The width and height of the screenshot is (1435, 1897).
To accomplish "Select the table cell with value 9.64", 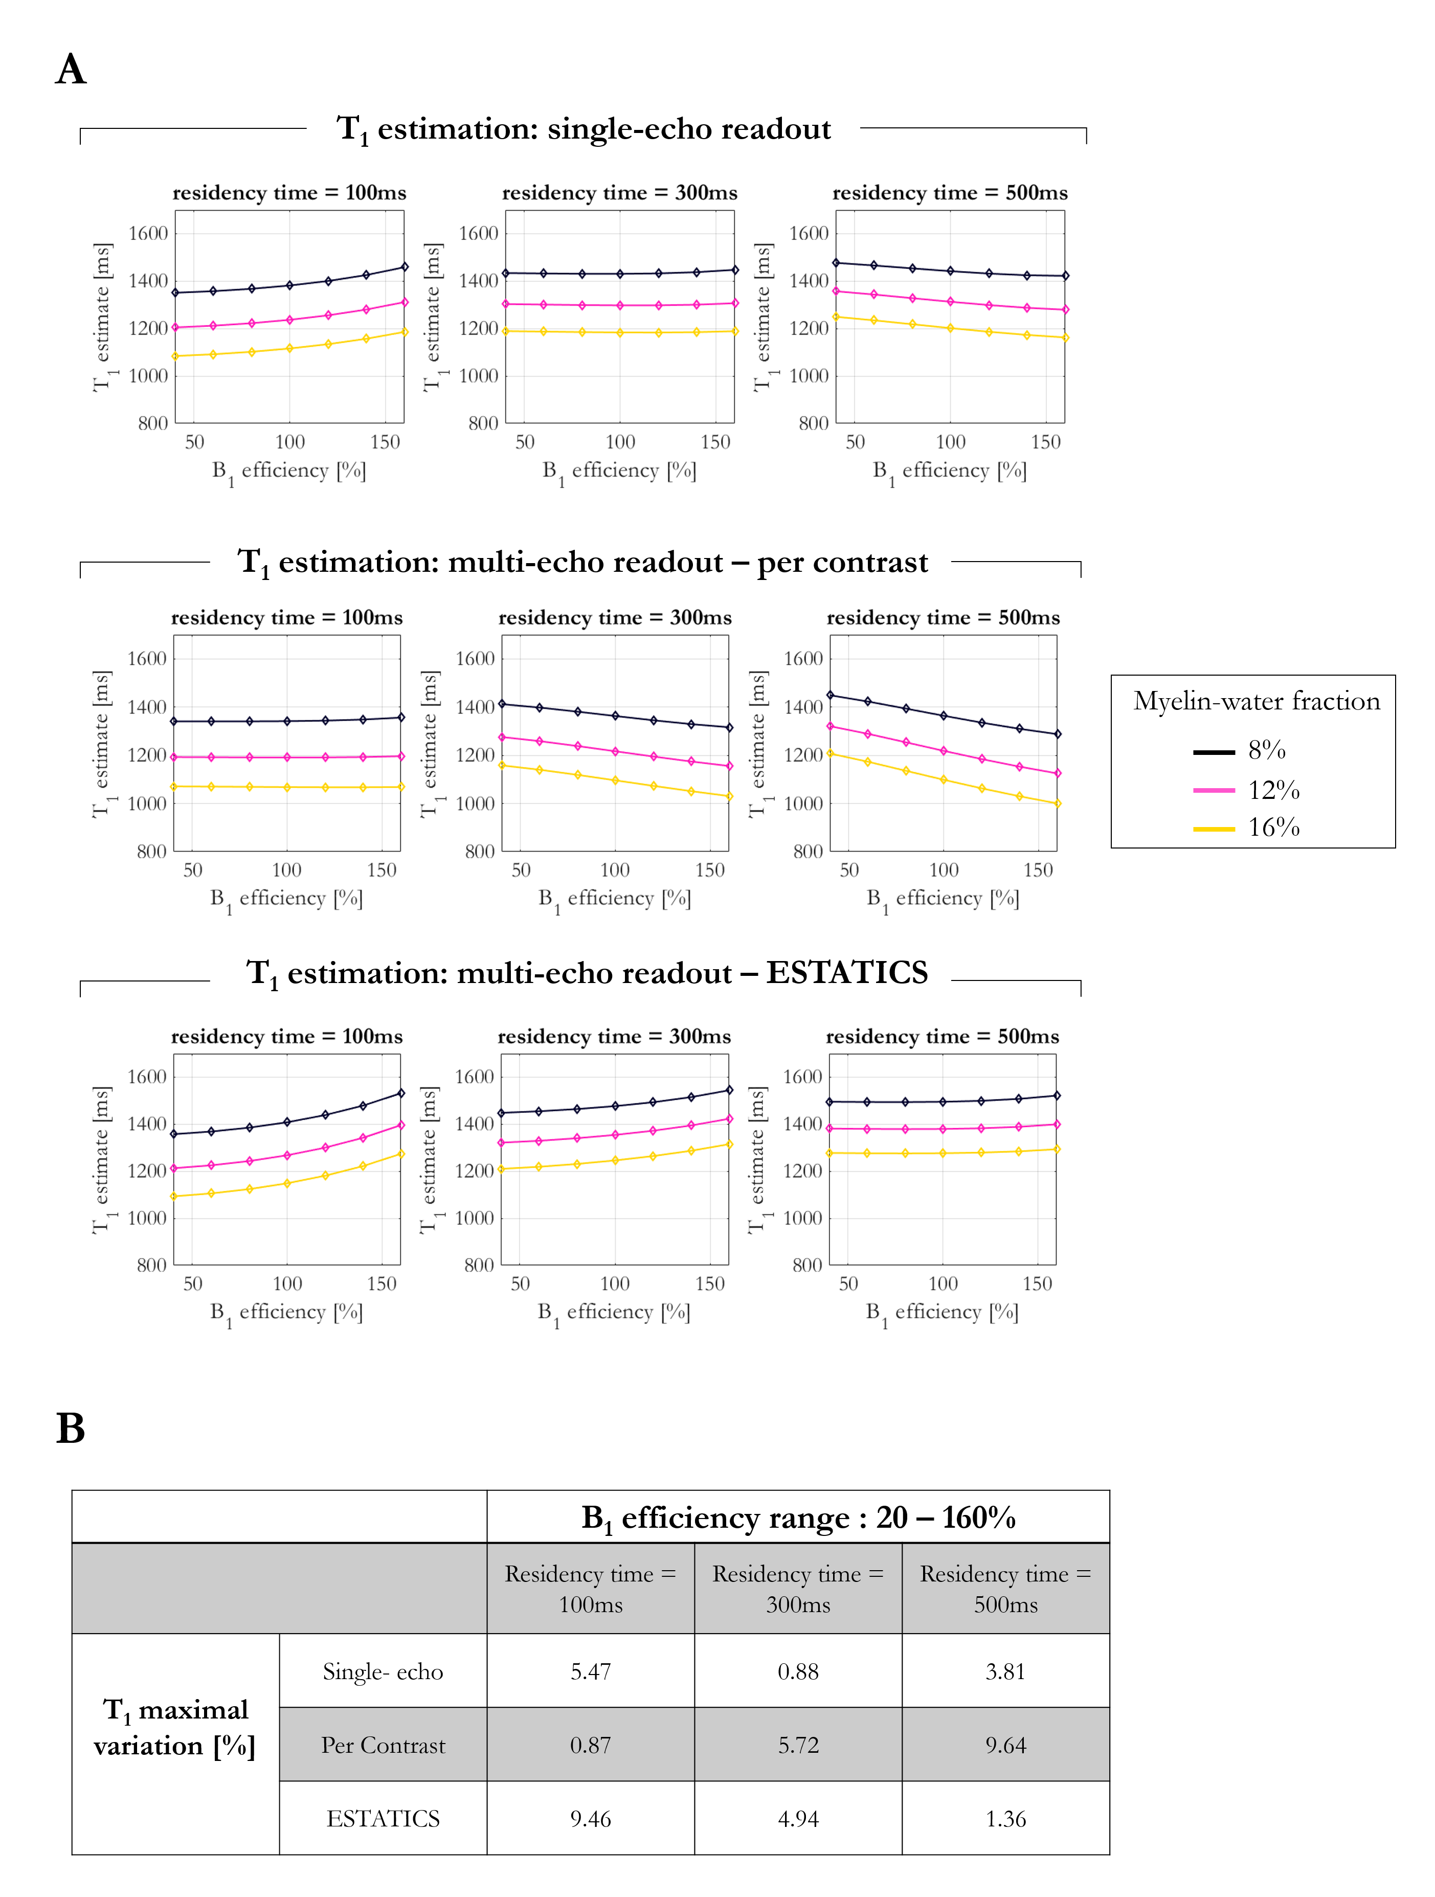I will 1005,1745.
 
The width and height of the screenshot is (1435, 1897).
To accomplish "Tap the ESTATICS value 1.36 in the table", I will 1005,1818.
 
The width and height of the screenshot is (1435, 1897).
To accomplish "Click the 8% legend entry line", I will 1214,752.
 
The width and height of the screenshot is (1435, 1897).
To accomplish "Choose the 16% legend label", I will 1274,828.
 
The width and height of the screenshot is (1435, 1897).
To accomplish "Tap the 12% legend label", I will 1274,790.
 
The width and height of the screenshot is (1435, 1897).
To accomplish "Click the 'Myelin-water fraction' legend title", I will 1257,702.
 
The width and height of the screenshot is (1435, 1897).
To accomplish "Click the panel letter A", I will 71,70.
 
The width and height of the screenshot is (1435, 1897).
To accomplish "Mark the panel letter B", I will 71,1429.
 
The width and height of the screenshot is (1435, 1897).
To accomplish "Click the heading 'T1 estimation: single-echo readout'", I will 584,129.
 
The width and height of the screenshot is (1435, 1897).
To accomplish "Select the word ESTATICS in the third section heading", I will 846,972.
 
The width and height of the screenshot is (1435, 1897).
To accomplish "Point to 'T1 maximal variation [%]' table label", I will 175,1727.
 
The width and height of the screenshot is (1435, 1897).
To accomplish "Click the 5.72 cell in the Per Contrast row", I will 798,1745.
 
